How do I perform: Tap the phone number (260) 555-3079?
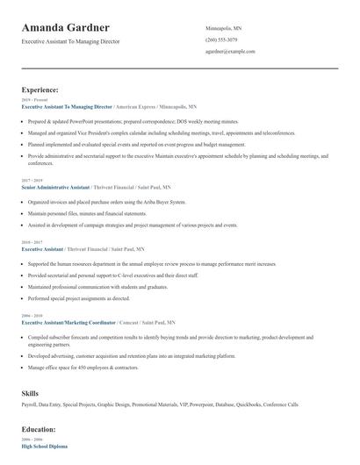coord(221,39)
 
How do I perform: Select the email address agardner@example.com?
coord(230,51)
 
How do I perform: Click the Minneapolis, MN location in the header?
coord(223,28)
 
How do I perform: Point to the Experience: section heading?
coord(40,89)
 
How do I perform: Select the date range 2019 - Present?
coord(31,100)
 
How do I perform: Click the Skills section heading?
coord(30,393)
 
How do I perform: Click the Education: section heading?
coord(39,429)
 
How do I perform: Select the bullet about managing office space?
coord(83,366)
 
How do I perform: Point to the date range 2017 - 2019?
coord(31,181)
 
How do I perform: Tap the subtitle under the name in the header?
coord(70,41)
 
